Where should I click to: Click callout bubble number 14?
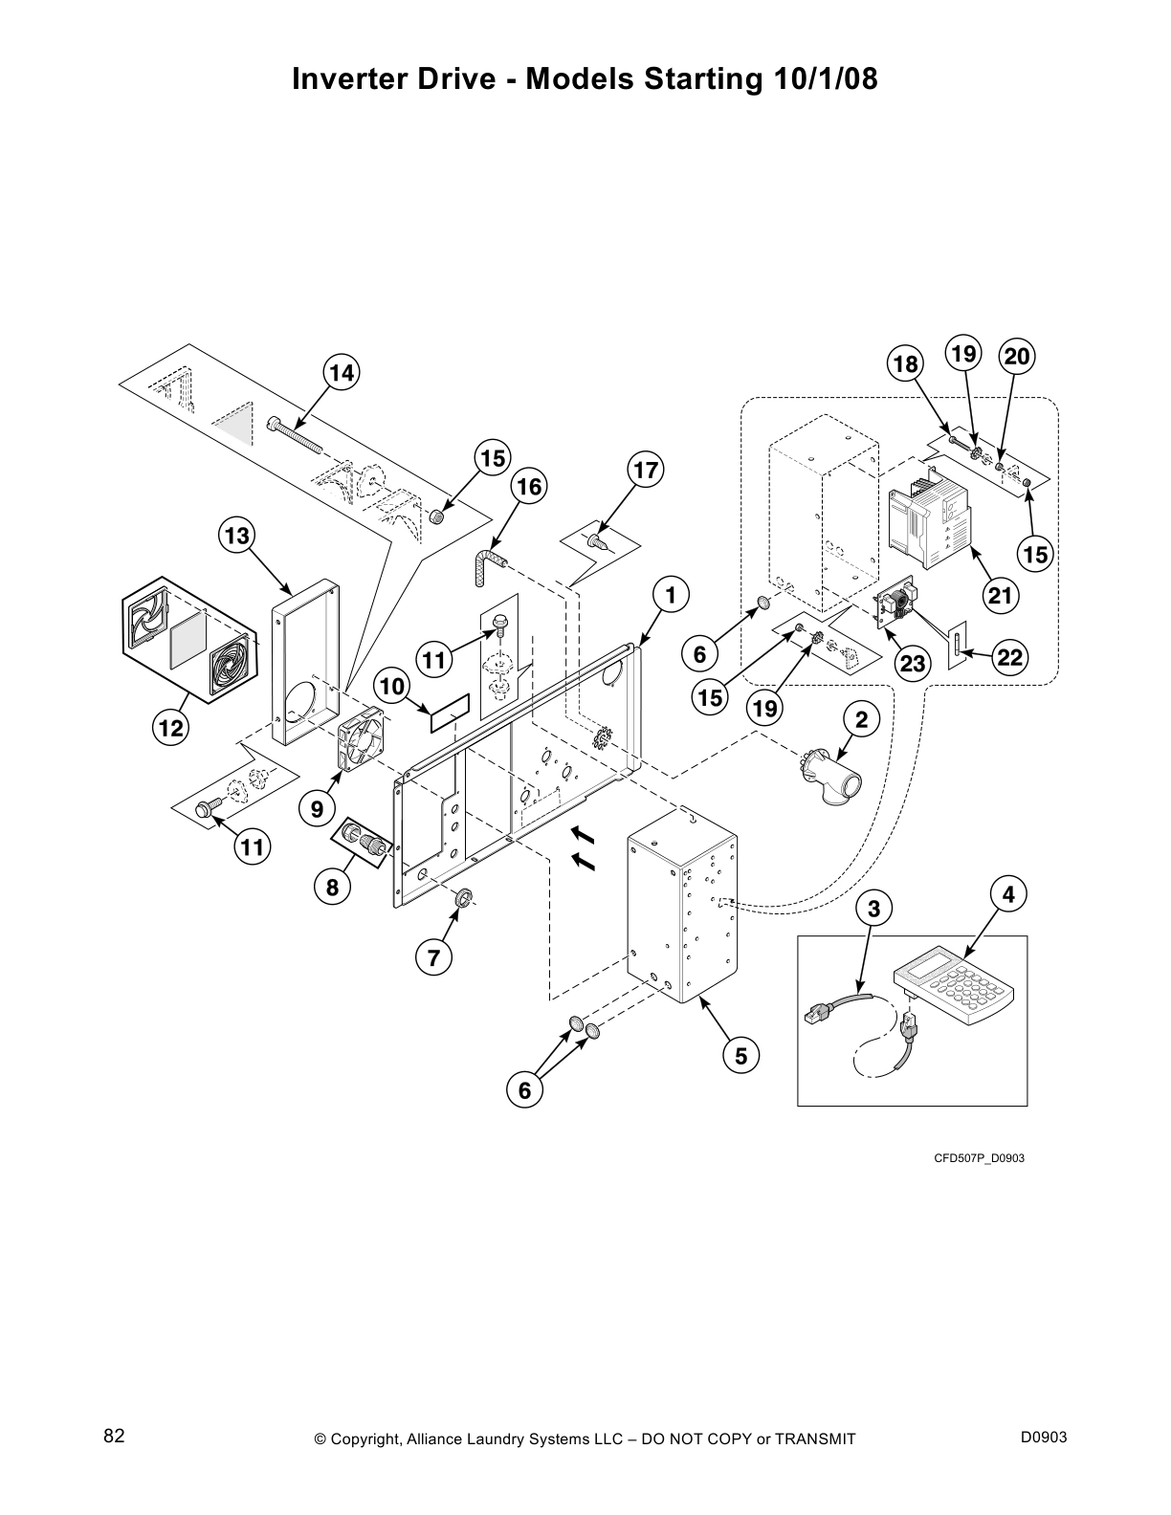coord(342,373)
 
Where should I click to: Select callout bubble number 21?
coord(1000,596)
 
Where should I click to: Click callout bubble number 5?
coord(740,1055)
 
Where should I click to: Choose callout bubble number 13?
coord(236,537)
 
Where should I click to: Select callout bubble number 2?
coord(861,720)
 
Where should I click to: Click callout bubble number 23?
coord(913,663)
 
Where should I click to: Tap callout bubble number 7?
coord(433,956)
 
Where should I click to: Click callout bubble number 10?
coord(392,686)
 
